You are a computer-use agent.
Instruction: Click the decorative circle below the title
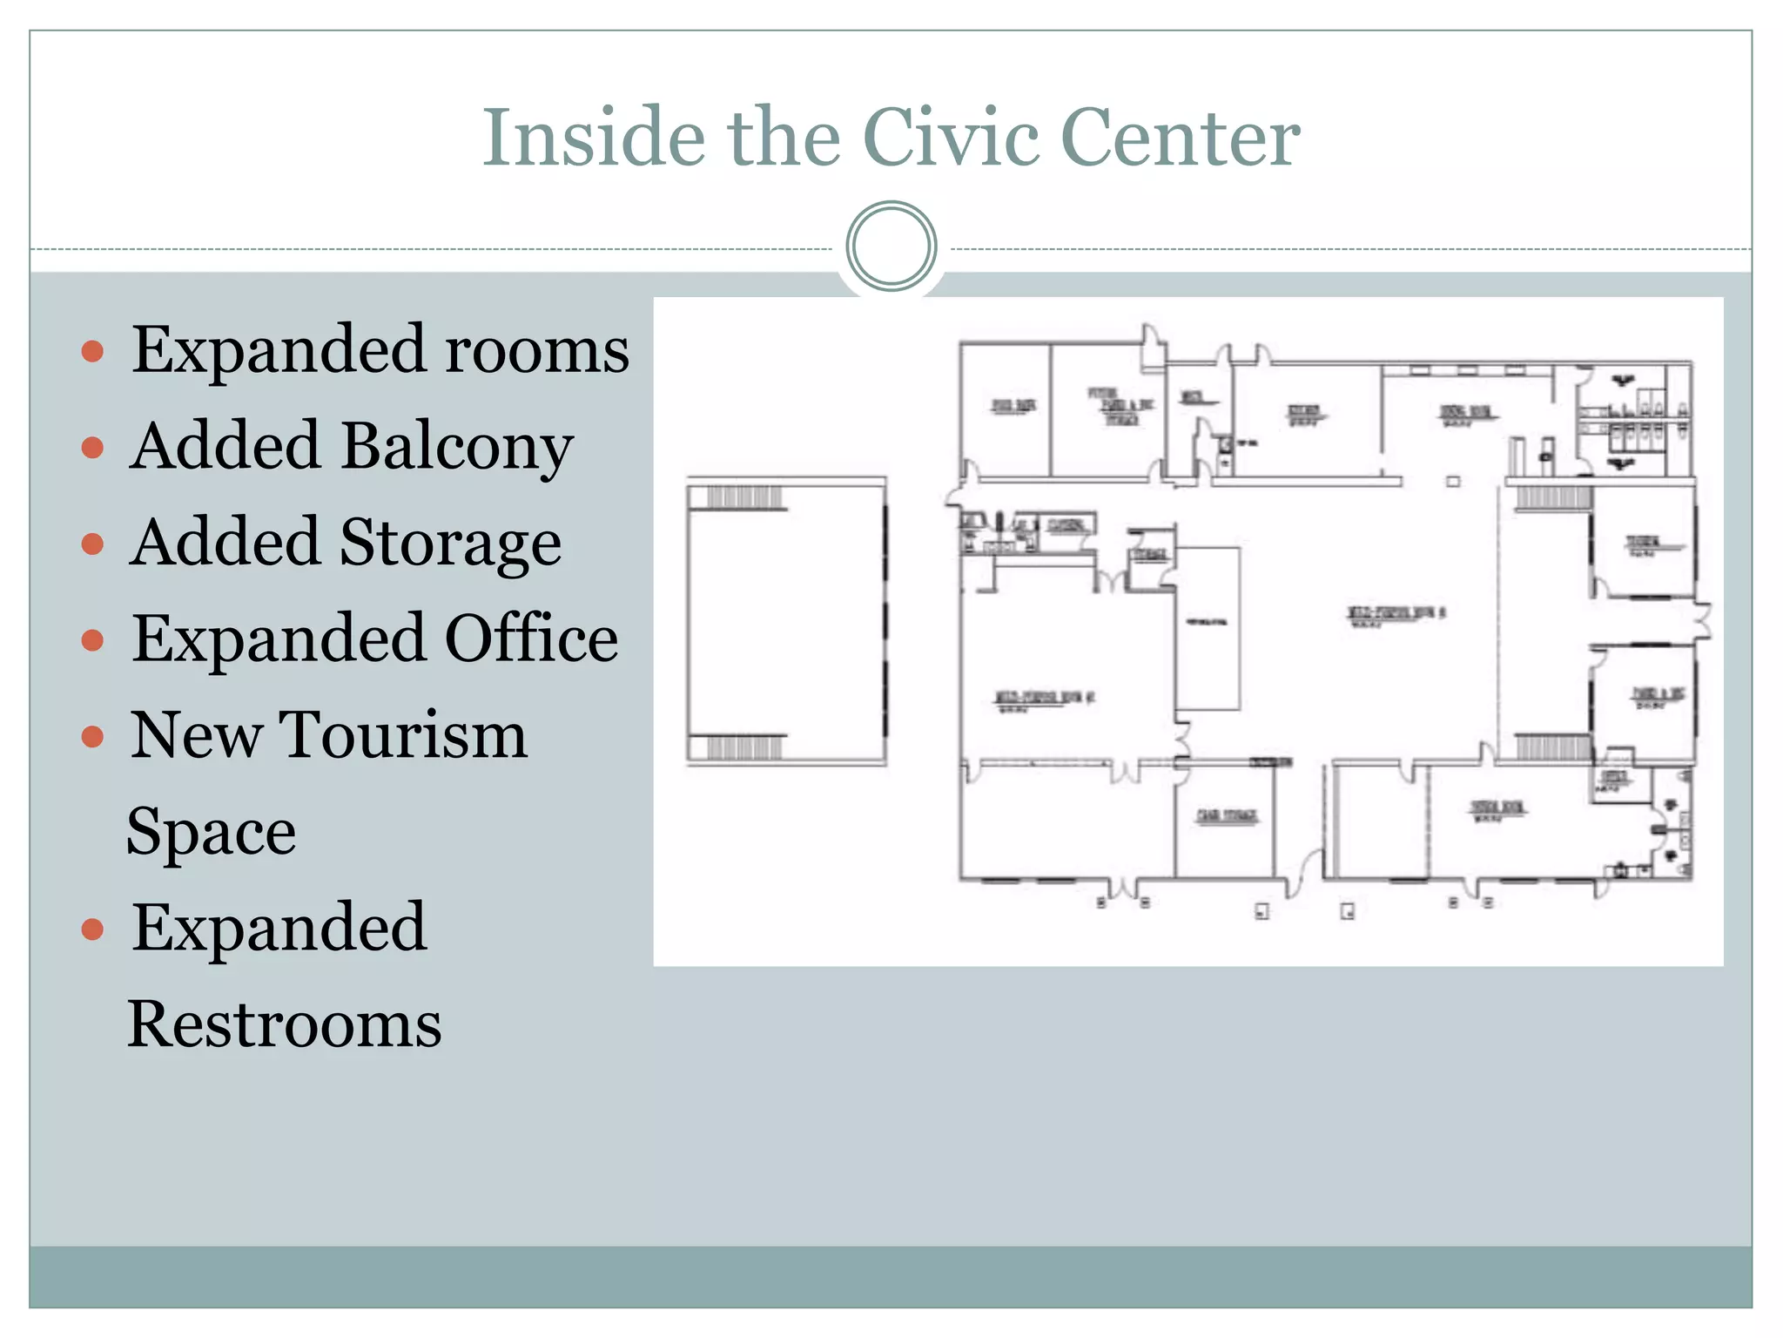(x=891, y=247)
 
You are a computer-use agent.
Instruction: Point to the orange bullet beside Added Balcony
(x=92, y=448)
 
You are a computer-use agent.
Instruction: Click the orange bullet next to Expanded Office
(x=92, y=641)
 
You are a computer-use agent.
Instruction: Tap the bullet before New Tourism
(x=92, y=738)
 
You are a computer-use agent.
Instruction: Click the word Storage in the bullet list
(x=450, y=544)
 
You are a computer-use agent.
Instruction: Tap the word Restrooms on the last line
(x=285, y=1024)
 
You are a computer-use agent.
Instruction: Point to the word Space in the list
(x=212, y=833)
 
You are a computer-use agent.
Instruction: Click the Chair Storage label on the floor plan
(x=1227, y=815)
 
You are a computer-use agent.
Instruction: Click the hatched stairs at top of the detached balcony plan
(x=744, y=498)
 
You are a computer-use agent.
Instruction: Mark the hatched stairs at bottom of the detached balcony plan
(x=744, y=747)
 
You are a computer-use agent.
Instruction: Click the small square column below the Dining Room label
(x=1453, y=481)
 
